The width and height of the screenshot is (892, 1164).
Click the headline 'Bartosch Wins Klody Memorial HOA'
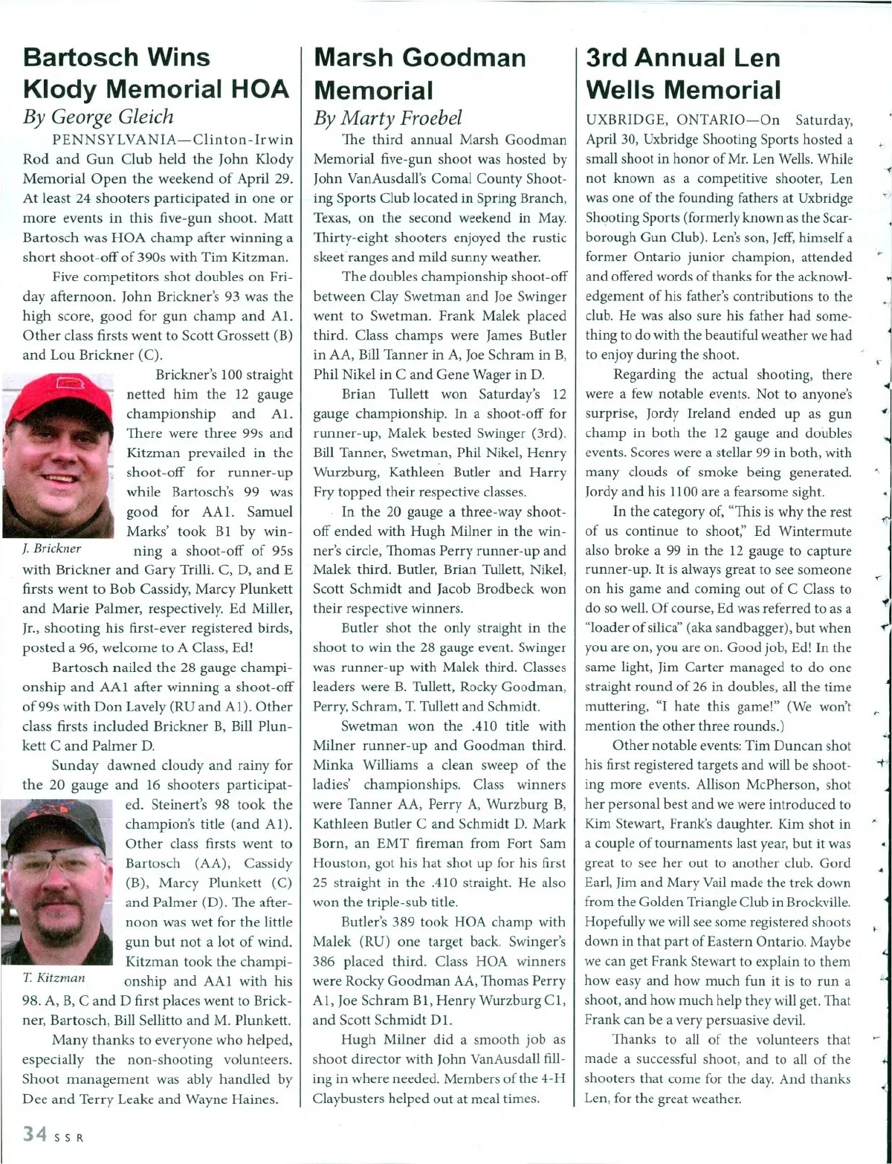pyautogui.click(x=155, y=73)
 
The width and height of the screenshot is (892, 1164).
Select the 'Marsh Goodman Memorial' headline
pyautogui.click(x=420, y=74)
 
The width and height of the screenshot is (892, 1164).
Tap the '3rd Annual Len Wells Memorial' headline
pyautogui.click(x=683, y=74)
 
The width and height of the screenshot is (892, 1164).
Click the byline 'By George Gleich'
pyautogui.click(x=98, y=117)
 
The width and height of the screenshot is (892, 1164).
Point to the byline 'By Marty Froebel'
pyautogui.click(x=387, y=117)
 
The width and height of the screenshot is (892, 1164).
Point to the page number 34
pyautogui.click(x=35, y=1134)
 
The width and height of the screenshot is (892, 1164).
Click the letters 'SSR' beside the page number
pyautogui.click(x=66, y=1137)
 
